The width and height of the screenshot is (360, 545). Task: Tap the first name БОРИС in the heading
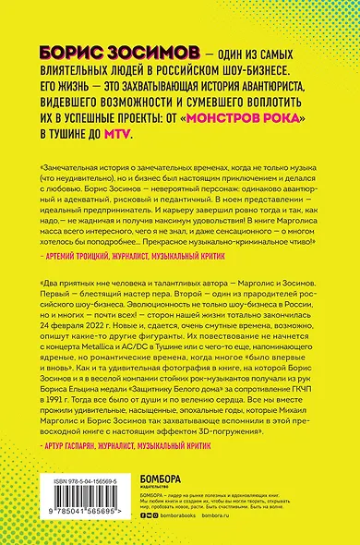(x=76, y=54)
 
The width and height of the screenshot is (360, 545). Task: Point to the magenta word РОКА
(x=279, y=119)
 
